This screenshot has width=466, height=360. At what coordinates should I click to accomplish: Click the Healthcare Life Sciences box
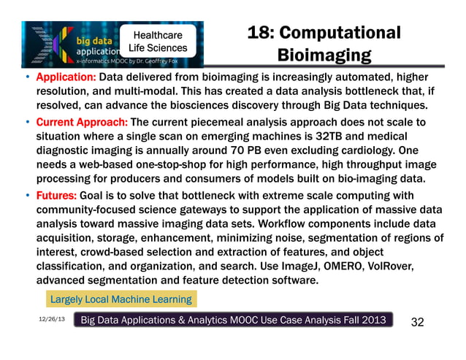pyautogui.click(x=157, y=42)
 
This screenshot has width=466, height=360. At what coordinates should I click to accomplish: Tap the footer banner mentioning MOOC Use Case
pyautogui.click(x=235, y=321)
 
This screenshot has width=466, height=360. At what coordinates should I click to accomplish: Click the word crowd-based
pyautogui.click(x=124, y=252)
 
